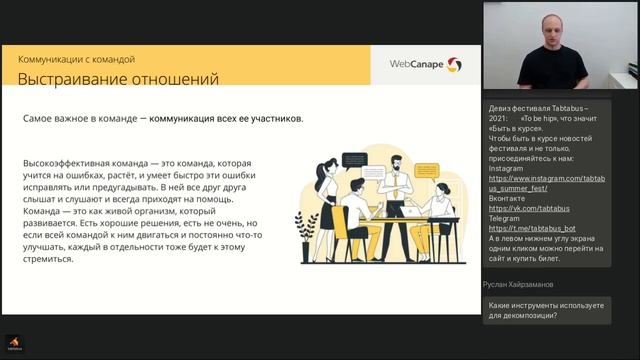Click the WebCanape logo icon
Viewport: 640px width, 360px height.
click(454, 65)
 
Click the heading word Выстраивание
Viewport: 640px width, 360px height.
click(71, 79)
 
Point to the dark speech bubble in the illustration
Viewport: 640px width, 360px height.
click(355, 159)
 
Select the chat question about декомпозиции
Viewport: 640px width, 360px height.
click(546, 310)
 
